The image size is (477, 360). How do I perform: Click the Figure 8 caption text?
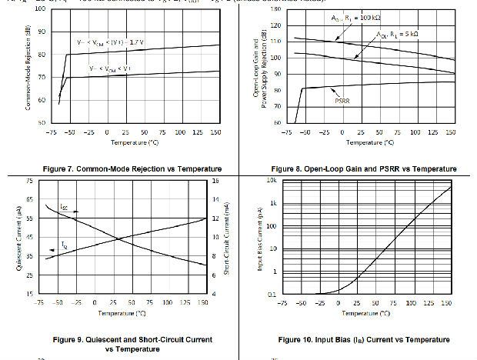pos(363,168)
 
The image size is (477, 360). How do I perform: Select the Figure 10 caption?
pos(363,339)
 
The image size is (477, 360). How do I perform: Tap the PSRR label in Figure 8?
pos(342,101)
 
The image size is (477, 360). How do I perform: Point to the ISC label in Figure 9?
pos(64,208)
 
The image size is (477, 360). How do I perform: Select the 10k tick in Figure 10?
pos(270,181)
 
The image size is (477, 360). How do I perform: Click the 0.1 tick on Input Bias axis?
pos(272,295)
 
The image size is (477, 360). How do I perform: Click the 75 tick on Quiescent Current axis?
pos(28,181)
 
